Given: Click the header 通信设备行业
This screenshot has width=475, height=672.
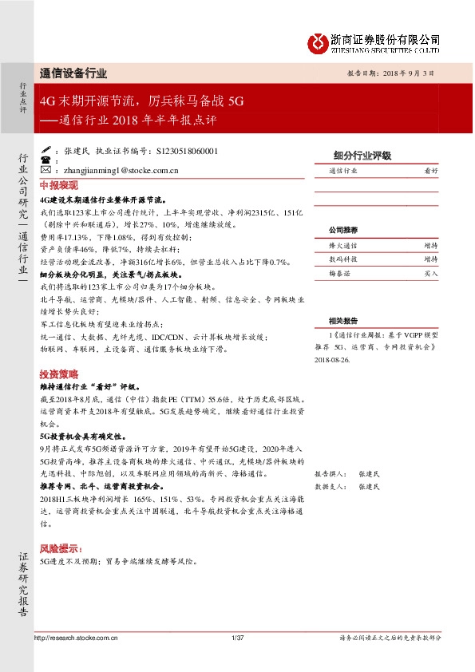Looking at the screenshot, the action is click(73, 73).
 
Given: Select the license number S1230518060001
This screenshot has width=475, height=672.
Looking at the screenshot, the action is click(184, 151).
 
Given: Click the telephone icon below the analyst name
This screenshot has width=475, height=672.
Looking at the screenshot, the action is click(44, 160).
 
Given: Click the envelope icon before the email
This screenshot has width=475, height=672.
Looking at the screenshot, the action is click(44, 170).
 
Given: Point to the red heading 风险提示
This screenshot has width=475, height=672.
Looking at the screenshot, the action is click(61, 549).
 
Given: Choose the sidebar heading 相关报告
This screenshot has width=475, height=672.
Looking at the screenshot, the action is click(343, 320).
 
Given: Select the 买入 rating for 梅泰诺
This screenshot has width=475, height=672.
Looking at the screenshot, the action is click(431, 273).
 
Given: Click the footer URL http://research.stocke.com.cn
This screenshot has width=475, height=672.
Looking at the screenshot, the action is click(77, 638).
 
